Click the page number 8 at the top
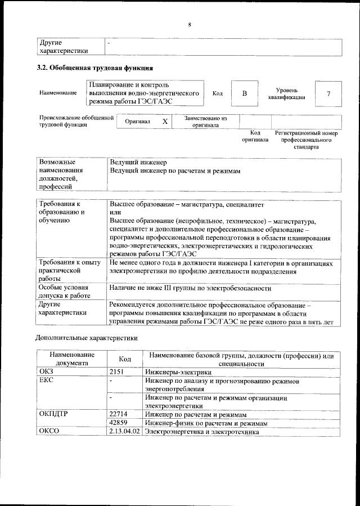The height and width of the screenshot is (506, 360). [190, 24]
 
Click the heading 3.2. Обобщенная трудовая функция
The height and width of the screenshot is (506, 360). [94, 69]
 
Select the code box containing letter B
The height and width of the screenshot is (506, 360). [244, 93]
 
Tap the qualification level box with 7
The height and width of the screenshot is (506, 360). [328, 93]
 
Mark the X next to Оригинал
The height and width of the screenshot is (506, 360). [165, 122]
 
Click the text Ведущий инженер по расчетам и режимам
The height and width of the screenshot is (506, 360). [175, 171]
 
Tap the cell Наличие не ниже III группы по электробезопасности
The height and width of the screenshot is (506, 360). [190, 288]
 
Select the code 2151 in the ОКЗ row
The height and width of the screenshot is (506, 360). [117, 371]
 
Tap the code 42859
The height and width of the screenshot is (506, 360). [119, 423]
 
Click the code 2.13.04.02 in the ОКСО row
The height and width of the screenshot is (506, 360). [125, 432]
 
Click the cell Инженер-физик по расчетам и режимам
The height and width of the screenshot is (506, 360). [205, 423]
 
